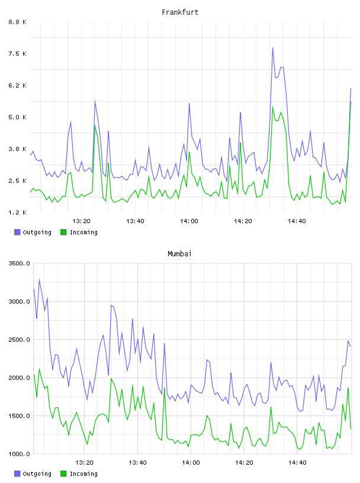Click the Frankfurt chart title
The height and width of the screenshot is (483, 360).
pyautogui.click(x=180, y=12)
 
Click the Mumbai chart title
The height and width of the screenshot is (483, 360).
pyautogui.click(x=179, y=254)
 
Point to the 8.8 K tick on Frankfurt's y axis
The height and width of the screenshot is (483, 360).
pyautogui.click(x=17, y=22)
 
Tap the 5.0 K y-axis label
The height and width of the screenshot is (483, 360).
pyautogui.click(x=17, y=117)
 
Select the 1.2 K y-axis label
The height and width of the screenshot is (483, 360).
pyautogui.click(x=17, y=212)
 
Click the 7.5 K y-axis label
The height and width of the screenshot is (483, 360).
pyautogui.click(x=17, y=54)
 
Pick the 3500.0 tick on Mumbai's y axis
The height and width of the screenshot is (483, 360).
pyautogui.click(x=19, y=263)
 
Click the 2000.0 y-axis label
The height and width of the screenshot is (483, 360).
pyautogui.click(x=19, y=378)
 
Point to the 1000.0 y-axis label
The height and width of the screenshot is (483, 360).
pyautogui.click(x=19, y=454)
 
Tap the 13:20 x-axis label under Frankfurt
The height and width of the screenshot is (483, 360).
pyautogui.click(x=81, y=221)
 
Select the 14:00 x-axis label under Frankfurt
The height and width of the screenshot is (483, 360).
pyautogui.click(x=189, y=221)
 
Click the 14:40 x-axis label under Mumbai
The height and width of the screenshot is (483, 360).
pyautogui.click(x=297, y=462)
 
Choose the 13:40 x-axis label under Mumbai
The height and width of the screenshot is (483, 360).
pyautogui.click(x=137, y=462)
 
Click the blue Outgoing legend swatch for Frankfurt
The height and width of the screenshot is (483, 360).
pyautogui.click(x=17, y=232)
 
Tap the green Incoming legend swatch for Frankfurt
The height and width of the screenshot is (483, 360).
pyautogui.click(x=63, y=232)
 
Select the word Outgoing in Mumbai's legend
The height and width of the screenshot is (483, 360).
pyautogui.click(x=37, y=474)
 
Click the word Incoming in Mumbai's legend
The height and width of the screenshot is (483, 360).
pyautogui.click(x=83, y=474)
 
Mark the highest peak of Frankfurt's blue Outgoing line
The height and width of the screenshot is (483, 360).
pyautogui.click(x=272, y=48)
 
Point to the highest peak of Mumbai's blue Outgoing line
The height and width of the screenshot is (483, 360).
pyautogui.click(x=39, y=279)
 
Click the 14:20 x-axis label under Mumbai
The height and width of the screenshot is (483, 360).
pyautogui.click(x=244, y=462)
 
